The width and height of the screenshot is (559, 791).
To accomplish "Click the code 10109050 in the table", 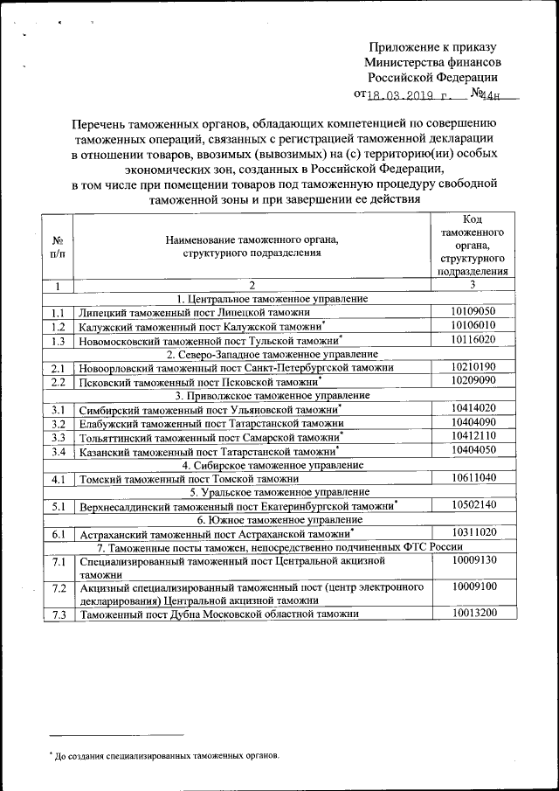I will point(474,311).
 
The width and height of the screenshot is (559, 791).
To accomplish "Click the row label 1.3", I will point(59,341).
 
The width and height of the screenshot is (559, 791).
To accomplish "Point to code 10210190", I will point(474,367).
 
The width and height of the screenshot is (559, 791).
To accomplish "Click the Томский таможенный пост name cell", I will point(190,479).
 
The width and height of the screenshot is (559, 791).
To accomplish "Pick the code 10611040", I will point(474,478).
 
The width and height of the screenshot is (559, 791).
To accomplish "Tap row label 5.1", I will point(59,506).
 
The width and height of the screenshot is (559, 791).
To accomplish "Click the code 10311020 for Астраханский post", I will point(474,532).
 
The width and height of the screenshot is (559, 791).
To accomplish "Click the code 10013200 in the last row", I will point(474,613).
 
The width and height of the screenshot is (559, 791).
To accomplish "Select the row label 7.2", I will point(59,588).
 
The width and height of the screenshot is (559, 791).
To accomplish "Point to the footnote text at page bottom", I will point(166,753).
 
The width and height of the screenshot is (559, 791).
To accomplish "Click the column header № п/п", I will point(58,246).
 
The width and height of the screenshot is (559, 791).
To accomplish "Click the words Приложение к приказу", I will point(432,47).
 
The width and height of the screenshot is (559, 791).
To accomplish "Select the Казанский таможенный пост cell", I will point(208,452).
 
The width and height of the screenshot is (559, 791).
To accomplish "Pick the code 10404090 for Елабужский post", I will point(474,422).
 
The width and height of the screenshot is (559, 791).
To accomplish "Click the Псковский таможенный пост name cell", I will point(198,382).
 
